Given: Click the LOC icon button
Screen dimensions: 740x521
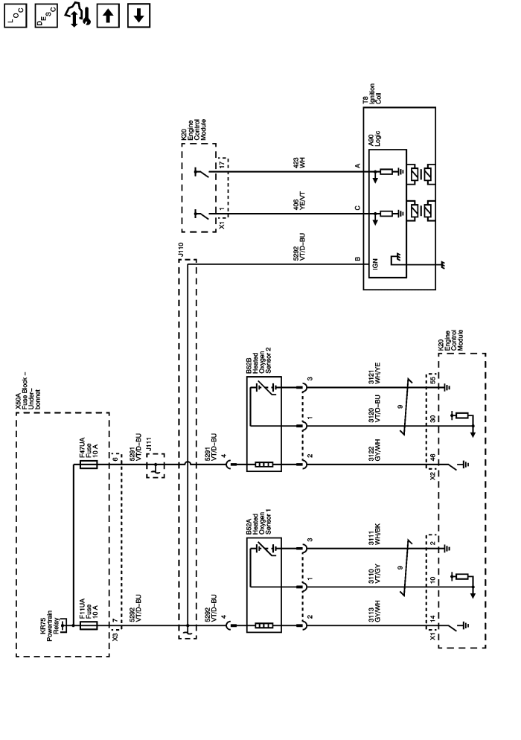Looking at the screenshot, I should (x=16, y=16).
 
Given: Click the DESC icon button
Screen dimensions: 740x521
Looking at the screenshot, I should (x=45, y=16).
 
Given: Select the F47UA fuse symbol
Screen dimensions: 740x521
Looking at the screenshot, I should (x=88, y=465).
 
